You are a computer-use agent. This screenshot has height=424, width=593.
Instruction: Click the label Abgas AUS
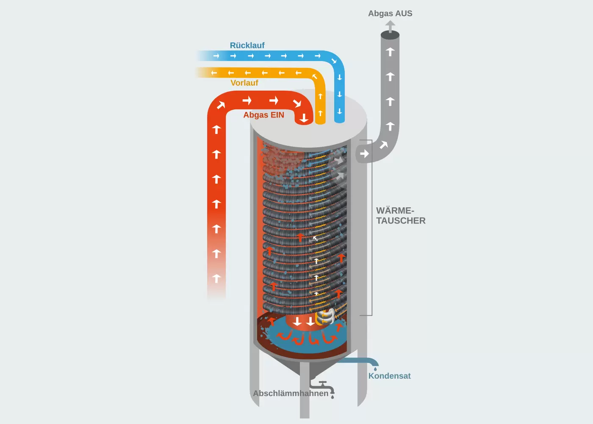point(390,14)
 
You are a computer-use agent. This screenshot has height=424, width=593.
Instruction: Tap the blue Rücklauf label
point(247,45)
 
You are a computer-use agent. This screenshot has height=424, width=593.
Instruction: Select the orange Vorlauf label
point(244,83)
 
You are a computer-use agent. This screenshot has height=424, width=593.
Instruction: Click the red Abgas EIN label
point(263,115)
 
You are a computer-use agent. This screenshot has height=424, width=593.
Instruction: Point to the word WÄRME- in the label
point(395,211)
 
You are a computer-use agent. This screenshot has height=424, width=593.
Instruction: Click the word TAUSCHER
point(401,221)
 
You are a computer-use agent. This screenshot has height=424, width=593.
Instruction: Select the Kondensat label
point(389,376)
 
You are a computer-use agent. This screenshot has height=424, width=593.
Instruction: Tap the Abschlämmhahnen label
point(291,393)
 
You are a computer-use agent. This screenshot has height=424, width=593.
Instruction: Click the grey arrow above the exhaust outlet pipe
point(390,26)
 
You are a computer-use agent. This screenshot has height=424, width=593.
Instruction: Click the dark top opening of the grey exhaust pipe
point(390,35)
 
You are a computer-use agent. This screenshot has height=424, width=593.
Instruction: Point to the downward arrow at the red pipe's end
point(304,118)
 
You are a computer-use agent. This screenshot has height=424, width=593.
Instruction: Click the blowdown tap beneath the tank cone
point(324,387)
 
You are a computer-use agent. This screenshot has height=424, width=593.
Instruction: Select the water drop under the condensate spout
point(375,369)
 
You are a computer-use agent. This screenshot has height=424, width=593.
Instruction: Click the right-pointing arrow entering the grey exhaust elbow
point(364,153)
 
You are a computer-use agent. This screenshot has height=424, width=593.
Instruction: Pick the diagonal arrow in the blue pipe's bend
point(334,61)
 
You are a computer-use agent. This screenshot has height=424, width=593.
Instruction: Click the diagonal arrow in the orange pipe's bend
point(315,77)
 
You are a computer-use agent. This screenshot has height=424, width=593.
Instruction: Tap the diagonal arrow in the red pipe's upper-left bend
point(221,105)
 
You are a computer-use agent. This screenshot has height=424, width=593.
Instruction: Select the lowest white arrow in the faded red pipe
point(216,279)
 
